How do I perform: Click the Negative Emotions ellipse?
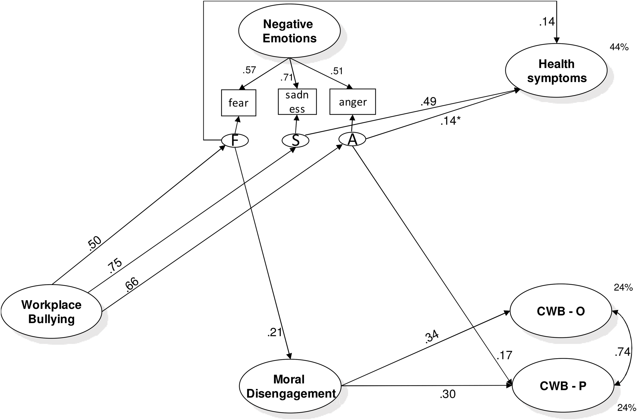coord(289,31)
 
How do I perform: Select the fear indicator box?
coord(238,103)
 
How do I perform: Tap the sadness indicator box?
coord(297,102)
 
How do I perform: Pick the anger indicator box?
coord(352,102)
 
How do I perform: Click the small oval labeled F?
coord(235,140)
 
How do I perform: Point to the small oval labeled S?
coord(295,140)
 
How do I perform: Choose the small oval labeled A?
coord(352,140)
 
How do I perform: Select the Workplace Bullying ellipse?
coord(51,312)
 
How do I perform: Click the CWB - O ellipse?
coord(561,312)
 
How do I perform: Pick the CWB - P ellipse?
coord(563,386)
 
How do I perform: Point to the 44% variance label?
coord(619,47)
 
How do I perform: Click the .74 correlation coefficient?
coord(622,352)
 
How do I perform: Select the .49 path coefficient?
coord(428,102)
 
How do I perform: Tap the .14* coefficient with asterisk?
coord(452,121)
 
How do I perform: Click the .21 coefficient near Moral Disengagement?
coord(274,332)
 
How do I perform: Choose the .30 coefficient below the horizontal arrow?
coord(447,394)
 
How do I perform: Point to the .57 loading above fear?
coord(249,70)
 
